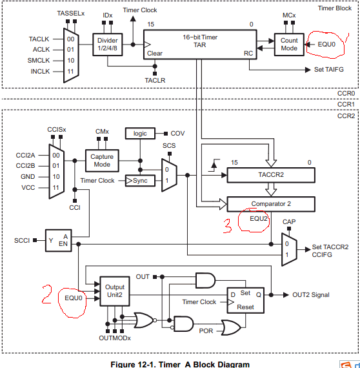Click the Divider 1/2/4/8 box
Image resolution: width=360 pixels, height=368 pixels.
(107, 45)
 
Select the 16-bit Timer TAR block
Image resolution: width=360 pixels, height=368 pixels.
(200, 45)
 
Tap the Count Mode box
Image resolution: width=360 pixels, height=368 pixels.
(289, 45)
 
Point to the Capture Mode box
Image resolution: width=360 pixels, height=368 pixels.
(102, 161)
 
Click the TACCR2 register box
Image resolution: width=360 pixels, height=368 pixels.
(271, 175)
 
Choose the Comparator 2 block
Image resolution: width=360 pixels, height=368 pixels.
(271, 204)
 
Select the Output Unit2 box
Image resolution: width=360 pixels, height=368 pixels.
(115, 291)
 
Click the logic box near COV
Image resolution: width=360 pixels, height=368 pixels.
(140, 133)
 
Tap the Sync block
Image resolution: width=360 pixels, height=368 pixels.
(140, 181)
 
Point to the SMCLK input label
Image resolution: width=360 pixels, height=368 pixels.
(39, 61)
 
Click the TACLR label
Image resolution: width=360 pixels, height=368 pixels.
(155, 81)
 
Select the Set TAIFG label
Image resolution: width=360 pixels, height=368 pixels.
(329, 70)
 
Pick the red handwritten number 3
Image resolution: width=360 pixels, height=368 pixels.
(228, 226)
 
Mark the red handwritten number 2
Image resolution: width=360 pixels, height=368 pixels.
(46, 294)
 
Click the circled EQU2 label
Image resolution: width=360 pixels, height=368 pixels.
(258, 219)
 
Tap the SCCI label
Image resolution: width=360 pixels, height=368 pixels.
(22, 241)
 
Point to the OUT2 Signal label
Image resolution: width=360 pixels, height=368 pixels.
(311, 295)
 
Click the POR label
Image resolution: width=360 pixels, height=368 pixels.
(206, 331)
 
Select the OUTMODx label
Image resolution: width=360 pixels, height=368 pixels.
(115, 338)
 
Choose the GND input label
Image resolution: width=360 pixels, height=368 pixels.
(28, 176)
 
